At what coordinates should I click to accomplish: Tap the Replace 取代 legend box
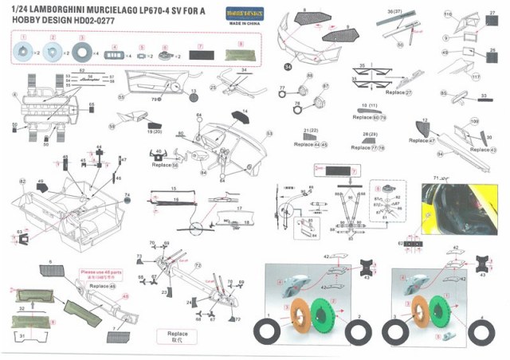click(x=178, y=335)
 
